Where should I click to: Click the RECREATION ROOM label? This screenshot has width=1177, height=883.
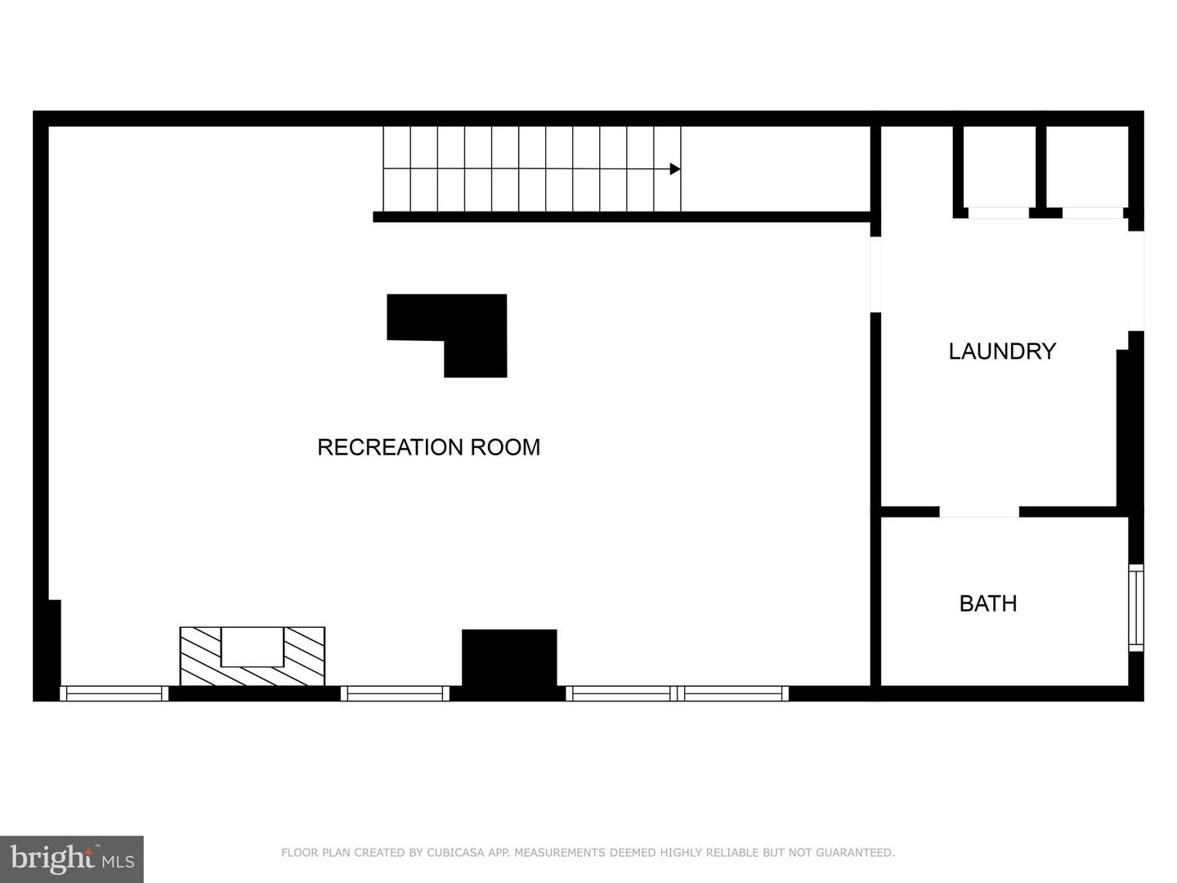point(428,447)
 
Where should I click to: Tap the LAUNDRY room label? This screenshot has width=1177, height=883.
point(1002,352)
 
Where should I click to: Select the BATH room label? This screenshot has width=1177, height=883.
point(987,603)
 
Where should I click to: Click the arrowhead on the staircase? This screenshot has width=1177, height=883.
point(675,169)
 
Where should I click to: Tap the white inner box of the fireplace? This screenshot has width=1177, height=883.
point(252,647)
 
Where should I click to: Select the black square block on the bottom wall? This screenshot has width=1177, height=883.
point(509,658)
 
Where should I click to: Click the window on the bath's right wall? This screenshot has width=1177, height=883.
point(1135,607)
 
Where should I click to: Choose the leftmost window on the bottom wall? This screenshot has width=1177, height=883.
point(114,693)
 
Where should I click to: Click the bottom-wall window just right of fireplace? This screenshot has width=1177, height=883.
point(395,693)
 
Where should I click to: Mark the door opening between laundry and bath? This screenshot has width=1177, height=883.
point(979,512)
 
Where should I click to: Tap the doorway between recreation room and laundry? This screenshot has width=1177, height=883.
point(875,275)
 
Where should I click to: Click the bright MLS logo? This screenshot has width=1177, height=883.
point(72,858)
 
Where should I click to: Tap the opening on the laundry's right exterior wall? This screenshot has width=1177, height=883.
point(1135,280)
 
